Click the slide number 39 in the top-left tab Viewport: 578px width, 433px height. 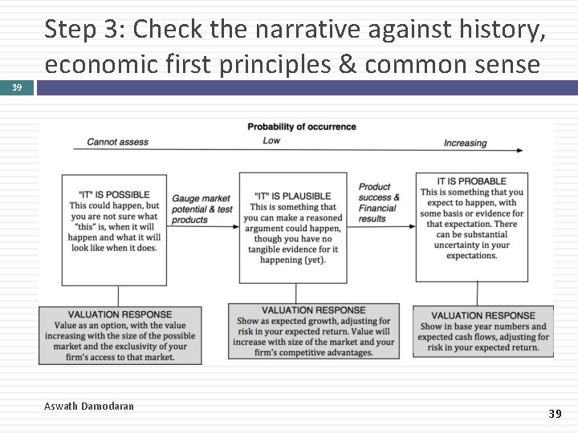tap(17, 87)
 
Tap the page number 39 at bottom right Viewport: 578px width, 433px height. tap(555, 414)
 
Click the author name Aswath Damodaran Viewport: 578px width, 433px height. tap(89, 407)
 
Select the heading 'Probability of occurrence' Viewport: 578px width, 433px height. tap(301, 127)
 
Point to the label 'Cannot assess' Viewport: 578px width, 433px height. tap(117, 142)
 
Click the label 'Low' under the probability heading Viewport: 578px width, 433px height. tap(271, 141)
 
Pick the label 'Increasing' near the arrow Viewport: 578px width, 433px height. tap(465, 143)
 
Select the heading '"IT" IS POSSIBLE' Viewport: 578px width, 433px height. tap(115, 195)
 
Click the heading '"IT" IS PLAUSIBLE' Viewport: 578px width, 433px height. tap(292, 196)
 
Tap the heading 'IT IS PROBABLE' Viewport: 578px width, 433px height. tap(471, 181)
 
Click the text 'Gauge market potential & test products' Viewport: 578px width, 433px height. tap(201, 209)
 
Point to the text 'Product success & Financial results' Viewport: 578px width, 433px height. tap(379, 203)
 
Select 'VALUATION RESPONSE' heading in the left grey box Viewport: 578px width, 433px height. tap(120, 314)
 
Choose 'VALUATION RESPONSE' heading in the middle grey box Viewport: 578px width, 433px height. tap(313, 310)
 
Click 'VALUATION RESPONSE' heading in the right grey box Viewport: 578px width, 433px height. tap(482, 315)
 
